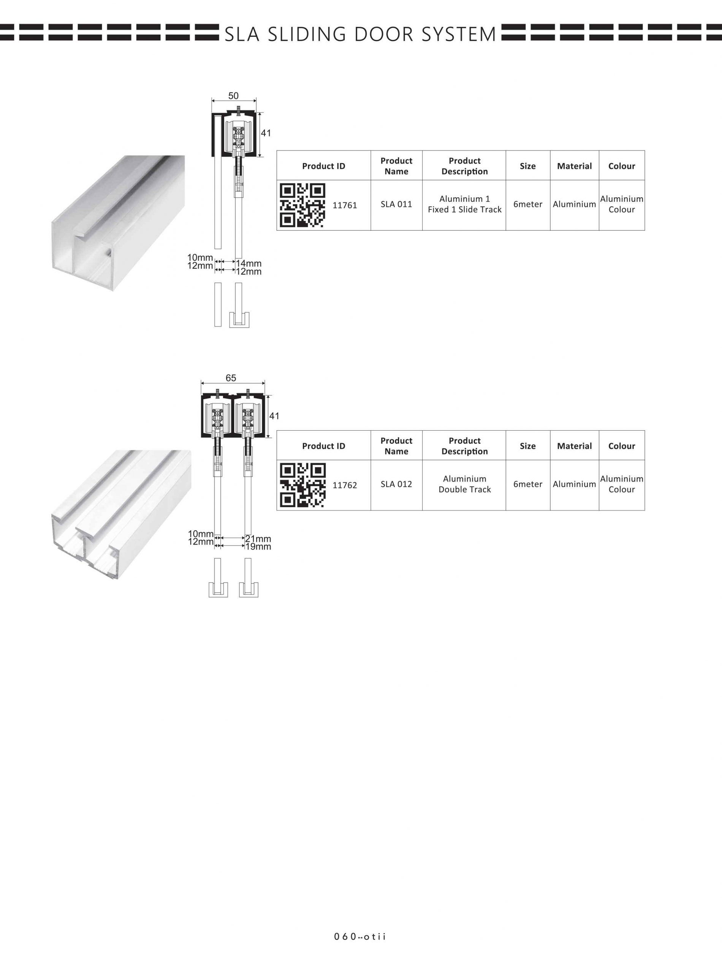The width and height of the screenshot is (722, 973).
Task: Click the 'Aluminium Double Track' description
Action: coord(465,484)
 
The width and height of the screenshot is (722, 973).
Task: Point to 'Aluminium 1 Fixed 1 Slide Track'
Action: coord(465,204)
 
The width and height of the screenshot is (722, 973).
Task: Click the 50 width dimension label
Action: coord(233,96)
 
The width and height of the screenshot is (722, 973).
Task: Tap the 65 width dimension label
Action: coord(231,378)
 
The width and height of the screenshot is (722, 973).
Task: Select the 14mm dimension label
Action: coord(249,263)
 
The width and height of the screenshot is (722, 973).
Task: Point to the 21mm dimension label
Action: coord(258,539)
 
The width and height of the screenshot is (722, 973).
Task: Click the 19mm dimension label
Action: coord(258,547)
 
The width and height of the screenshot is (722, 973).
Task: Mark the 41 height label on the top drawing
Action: coord(266,133)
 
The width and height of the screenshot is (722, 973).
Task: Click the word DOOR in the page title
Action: coord(384,34)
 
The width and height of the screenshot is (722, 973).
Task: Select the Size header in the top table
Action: coord(527,166)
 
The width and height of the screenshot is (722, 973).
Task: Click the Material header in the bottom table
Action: coord(574,446)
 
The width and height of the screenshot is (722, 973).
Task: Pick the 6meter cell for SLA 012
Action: coord(527,484)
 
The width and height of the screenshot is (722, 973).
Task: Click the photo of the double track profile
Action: coord(121,515)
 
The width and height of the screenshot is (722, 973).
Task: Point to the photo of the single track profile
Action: coord(119,223)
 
